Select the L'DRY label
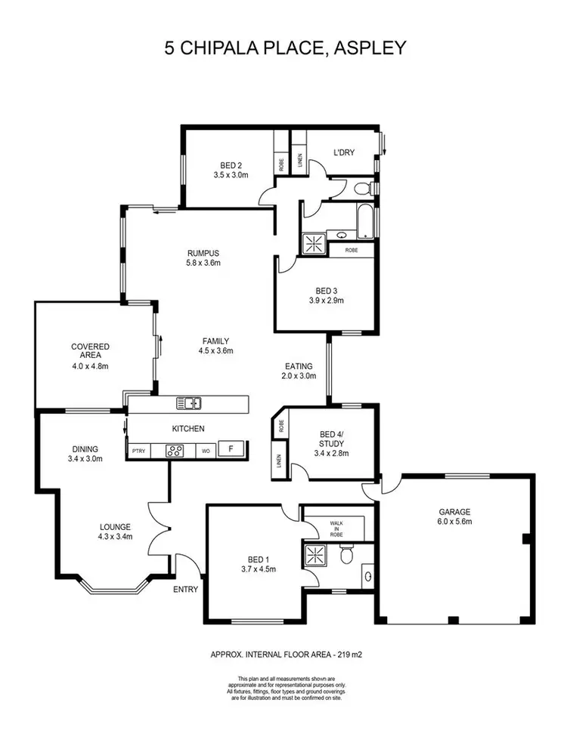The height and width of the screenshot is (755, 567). tap(344, 153)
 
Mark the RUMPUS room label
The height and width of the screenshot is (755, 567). tap(203, 253)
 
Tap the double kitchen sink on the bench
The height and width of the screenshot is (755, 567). tap(189, 403)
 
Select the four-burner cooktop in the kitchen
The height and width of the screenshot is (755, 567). tap(175, 451)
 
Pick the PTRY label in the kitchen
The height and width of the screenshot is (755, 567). tap(138, 451)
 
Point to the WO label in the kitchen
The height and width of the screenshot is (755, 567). tap(205, 451)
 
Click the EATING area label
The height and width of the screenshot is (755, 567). tap(299, 366)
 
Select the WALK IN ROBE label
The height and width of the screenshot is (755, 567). tap(336, 528)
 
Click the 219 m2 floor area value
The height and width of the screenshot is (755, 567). tap(336, 655)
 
